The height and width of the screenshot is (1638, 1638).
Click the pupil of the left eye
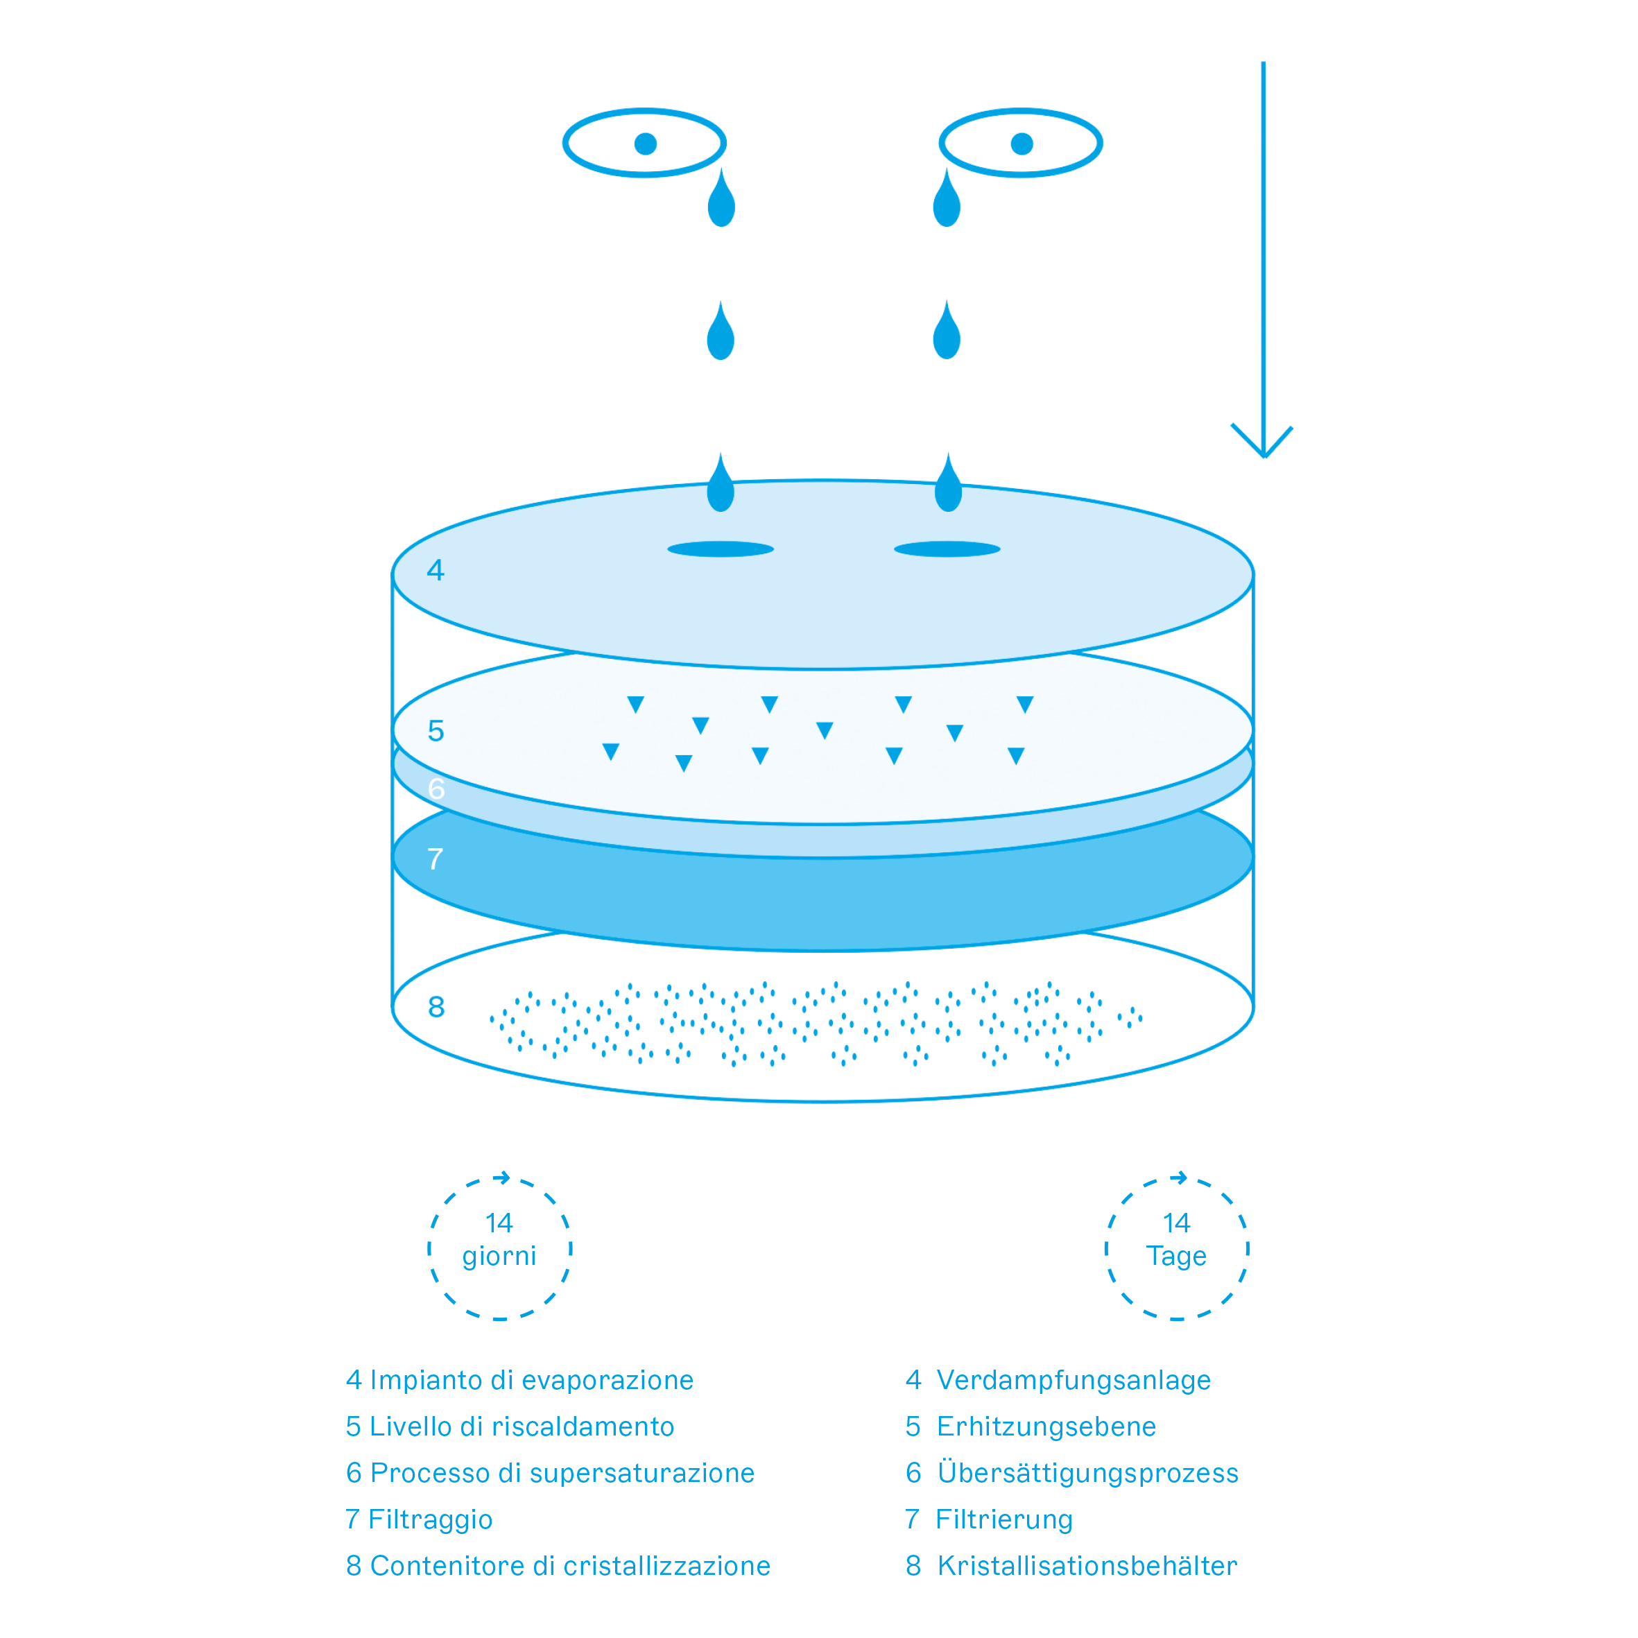tap(645, 144)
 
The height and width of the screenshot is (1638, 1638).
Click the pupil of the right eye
tap(1021, 144)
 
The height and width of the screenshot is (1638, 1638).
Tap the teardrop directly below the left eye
tap(721, 198)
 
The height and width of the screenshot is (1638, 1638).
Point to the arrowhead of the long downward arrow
tap(1262, 441)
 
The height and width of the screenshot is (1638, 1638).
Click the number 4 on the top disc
tap(435, 570)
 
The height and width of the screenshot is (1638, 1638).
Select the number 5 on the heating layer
tap(436, 731)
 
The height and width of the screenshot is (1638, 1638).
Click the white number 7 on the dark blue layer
tap(436, 859)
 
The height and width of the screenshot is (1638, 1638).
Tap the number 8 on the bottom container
tap(436, 1006)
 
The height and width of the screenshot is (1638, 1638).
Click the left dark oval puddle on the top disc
tap(721, 549)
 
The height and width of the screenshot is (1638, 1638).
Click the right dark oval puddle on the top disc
tap(947, 549)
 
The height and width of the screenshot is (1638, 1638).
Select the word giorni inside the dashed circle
tap(499, 1257)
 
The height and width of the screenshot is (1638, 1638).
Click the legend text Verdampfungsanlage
tap(1074, 1379)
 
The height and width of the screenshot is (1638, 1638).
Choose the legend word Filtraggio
tap(431, 1519)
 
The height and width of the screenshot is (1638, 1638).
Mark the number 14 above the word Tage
tap(1176, 1223)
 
